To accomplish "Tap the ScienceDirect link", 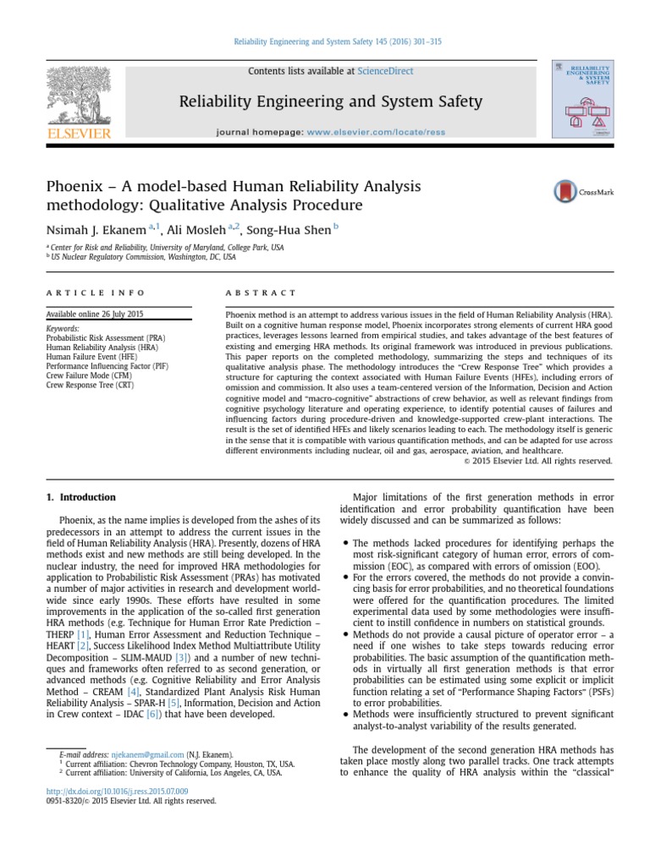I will (x=385, y=71).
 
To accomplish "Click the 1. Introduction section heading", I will (x=80, y=497).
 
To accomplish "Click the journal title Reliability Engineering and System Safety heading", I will (x=330, y=102).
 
